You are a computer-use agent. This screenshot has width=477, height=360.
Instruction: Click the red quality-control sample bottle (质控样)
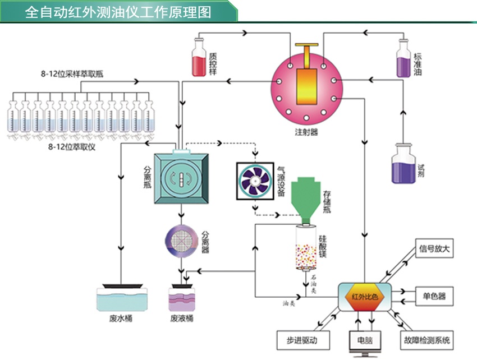[199, 58]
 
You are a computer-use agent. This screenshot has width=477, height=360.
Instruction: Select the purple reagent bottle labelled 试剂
[403, 164]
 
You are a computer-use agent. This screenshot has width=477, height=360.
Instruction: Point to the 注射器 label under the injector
[306, 132]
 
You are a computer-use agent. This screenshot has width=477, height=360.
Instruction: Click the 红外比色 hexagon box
[365, 296]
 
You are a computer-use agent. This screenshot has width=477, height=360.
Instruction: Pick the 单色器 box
[434, 296]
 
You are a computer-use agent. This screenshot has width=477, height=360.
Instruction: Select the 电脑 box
[364, 340]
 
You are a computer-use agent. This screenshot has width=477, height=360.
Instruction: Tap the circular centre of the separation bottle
[181, 179]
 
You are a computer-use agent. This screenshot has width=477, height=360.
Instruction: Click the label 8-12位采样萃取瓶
[72, 73]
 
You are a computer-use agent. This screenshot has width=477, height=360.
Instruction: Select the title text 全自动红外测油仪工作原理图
[118, 12]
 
